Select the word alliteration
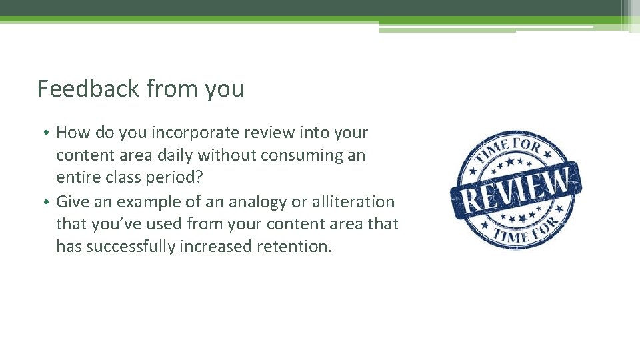click(353, 201)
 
